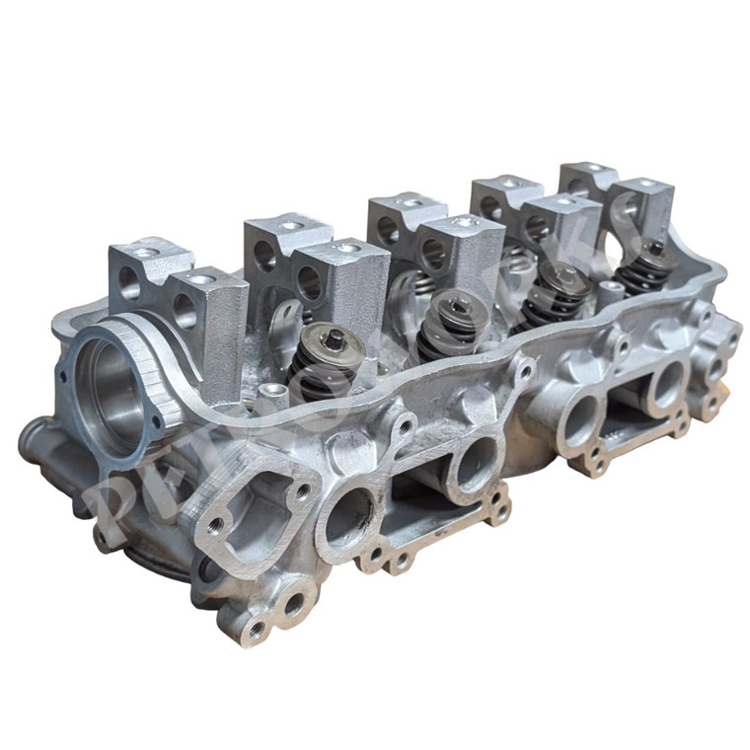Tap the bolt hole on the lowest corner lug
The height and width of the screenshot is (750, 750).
click(x=256, y=629)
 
